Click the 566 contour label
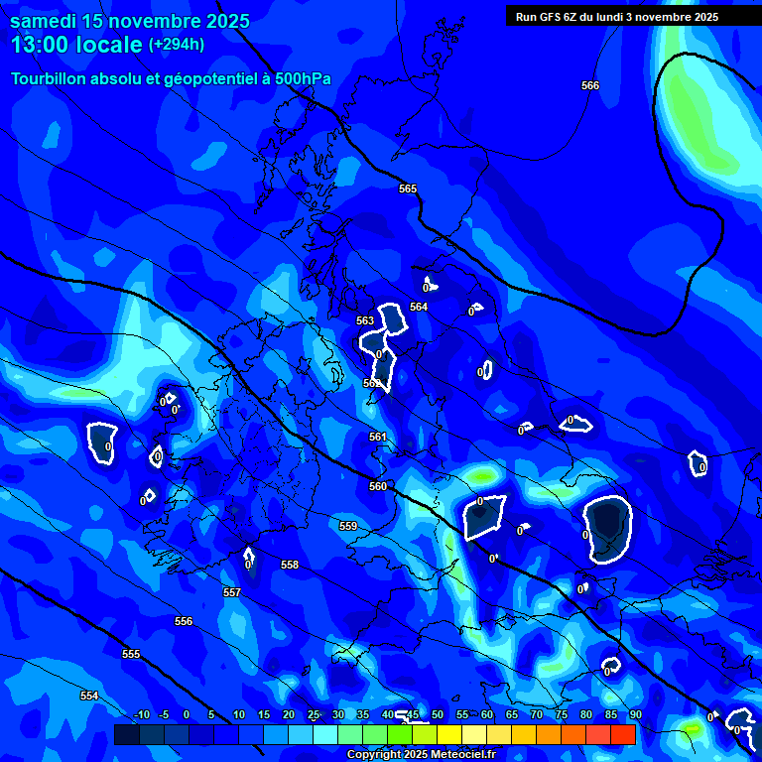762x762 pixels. (590, 86)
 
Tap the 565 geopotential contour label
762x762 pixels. (408, 189)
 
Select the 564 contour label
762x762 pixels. (419, 308)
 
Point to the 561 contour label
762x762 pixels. (378, 438)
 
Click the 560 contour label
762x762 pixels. (378, 487)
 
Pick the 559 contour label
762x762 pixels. (348, 527)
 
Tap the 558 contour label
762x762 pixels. (290, 566)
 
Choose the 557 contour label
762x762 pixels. (232, 592)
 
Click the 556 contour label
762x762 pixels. (184, 622)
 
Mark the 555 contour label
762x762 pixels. (131, 655)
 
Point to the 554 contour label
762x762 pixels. (89, 697)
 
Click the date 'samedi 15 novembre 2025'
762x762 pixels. (130, 21)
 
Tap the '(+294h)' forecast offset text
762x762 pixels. (177, 45)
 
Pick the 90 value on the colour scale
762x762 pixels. (635, 715)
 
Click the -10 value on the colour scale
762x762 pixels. (141, 715)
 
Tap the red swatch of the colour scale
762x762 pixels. (622, 734)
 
